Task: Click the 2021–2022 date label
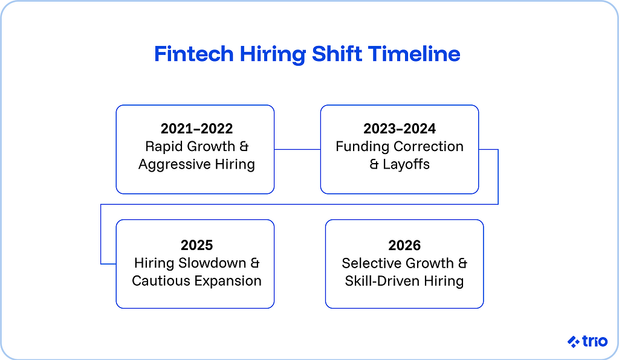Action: point(196,129)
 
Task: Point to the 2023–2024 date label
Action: point(400,129)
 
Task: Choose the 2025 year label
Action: point(196,245)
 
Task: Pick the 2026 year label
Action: point(404,245)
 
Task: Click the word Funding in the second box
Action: point(363,147)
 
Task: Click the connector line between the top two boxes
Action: point(297,149)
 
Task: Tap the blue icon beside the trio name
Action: point(574,342)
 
